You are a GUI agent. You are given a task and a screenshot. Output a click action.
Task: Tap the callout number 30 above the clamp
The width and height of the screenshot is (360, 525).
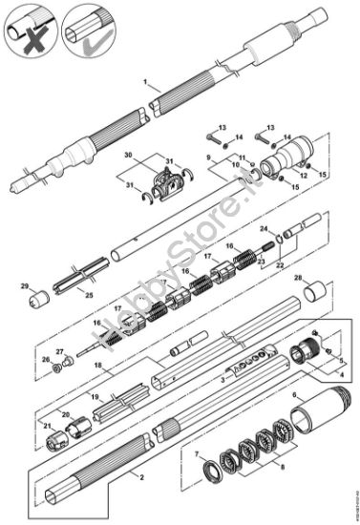pos(129,155)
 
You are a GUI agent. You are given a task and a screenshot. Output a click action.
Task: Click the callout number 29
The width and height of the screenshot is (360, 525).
pos(26,284)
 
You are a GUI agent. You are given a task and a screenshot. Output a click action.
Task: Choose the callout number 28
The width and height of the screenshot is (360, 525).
pos(297,279)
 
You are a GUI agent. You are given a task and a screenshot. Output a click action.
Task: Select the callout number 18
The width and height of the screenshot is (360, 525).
pos(97,365)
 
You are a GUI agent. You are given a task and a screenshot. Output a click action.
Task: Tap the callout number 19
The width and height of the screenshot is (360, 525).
pos(95,395)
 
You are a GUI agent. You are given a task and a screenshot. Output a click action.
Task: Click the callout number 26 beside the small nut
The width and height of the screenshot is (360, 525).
pos(46,360)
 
